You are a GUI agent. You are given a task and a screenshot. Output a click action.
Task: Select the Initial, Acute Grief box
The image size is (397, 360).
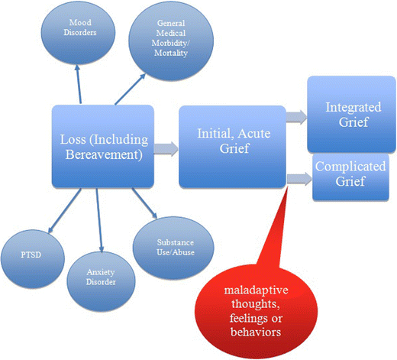[x=225, y=147]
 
